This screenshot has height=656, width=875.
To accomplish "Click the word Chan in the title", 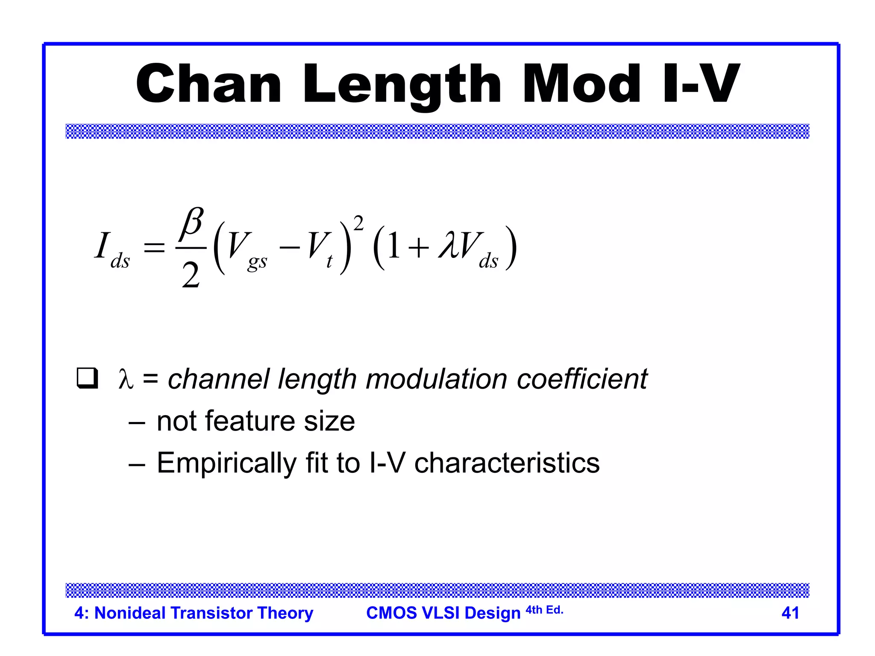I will [x=208, y=84].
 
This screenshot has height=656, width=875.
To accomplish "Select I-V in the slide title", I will [x=701, y=84].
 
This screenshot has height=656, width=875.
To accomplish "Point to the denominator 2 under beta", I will [x=191, y=275].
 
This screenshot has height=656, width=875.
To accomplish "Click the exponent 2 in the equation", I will [x=358, y=223].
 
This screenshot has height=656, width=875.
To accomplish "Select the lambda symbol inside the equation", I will [x=449, y=245].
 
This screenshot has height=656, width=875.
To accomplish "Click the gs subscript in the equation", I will [x=257, y=261].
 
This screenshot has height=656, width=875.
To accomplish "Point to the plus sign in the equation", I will [x=418, y=248].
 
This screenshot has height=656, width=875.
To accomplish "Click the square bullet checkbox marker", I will [x=87, y=378].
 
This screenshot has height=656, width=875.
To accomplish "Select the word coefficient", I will [x=582, y=379].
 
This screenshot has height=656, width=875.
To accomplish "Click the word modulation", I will [x=436, y=379].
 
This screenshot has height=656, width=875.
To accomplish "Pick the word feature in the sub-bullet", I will [x=251, y=421].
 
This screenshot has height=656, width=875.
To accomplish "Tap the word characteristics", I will [x=507, y=463].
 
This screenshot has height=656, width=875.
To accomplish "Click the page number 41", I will [x=790, y=613].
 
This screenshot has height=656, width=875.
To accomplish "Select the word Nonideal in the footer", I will [x=130, y=613].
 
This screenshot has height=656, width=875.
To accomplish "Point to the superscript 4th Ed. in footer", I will [x=544, y=610].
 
